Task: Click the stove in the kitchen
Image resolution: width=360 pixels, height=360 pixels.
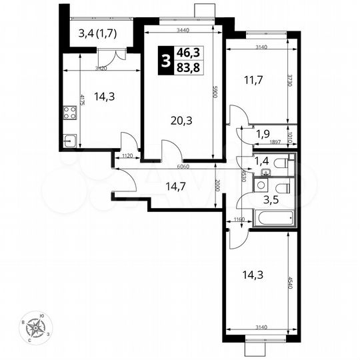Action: [69, 113]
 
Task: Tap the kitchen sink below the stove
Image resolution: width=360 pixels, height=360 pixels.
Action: [69, 141]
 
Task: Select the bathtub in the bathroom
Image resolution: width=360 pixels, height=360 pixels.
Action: [271, 217]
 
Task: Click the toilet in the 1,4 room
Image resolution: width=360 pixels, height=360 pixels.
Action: [283, 162]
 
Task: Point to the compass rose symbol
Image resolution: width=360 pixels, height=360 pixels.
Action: [38, 327]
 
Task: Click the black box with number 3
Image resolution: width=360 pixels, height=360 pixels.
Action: [164, 61]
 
